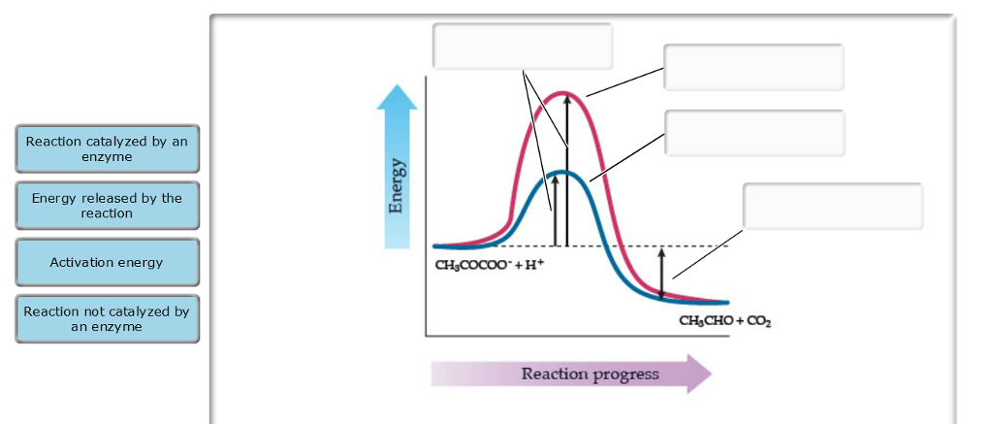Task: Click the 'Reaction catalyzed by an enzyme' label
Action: tap(107, 148)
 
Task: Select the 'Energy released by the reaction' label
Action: tap(107, 206)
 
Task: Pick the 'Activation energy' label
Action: tap(107, 262)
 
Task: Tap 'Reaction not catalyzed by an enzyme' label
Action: tap(107, 319)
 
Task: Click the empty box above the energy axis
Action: tap(522, 46)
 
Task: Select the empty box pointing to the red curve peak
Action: tap(753, 67)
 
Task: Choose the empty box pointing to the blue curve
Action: tap(754, 133)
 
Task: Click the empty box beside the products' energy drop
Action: tap(833, 207)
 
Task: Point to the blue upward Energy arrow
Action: tap(397, 165)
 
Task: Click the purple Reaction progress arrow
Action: tap(572, 374)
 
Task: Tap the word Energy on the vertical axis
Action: tap(397, 186)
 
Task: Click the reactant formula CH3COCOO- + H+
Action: tap(491, 264)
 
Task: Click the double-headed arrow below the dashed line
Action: tap(661, 273)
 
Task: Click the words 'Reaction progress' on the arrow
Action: tap(590, 374)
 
